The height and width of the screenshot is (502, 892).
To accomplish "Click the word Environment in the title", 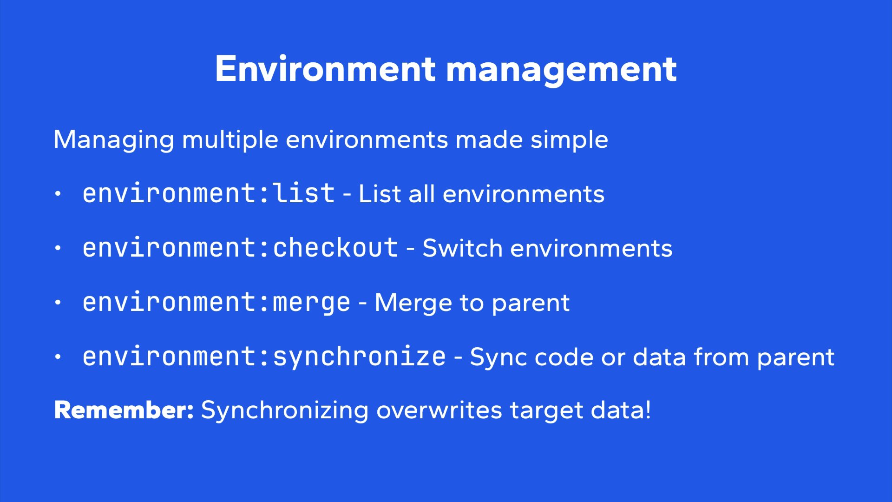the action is point(325,69).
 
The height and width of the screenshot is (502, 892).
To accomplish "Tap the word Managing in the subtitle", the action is point(114,140).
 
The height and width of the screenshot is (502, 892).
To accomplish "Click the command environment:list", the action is point(209,193).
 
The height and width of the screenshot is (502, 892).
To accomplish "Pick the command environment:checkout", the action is point(240,248).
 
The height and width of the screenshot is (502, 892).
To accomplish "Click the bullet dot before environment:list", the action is point(58,194).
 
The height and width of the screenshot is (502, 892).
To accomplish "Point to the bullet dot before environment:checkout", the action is point(58,248).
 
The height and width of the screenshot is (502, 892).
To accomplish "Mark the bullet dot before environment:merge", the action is point(58,303).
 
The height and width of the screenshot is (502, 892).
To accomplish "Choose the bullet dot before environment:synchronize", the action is point(58,357).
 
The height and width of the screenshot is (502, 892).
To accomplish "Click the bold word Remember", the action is point(124,410).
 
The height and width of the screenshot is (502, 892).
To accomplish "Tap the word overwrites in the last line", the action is point(439,410).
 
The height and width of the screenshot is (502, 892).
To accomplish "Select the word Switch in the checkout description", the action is point(463,248).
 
